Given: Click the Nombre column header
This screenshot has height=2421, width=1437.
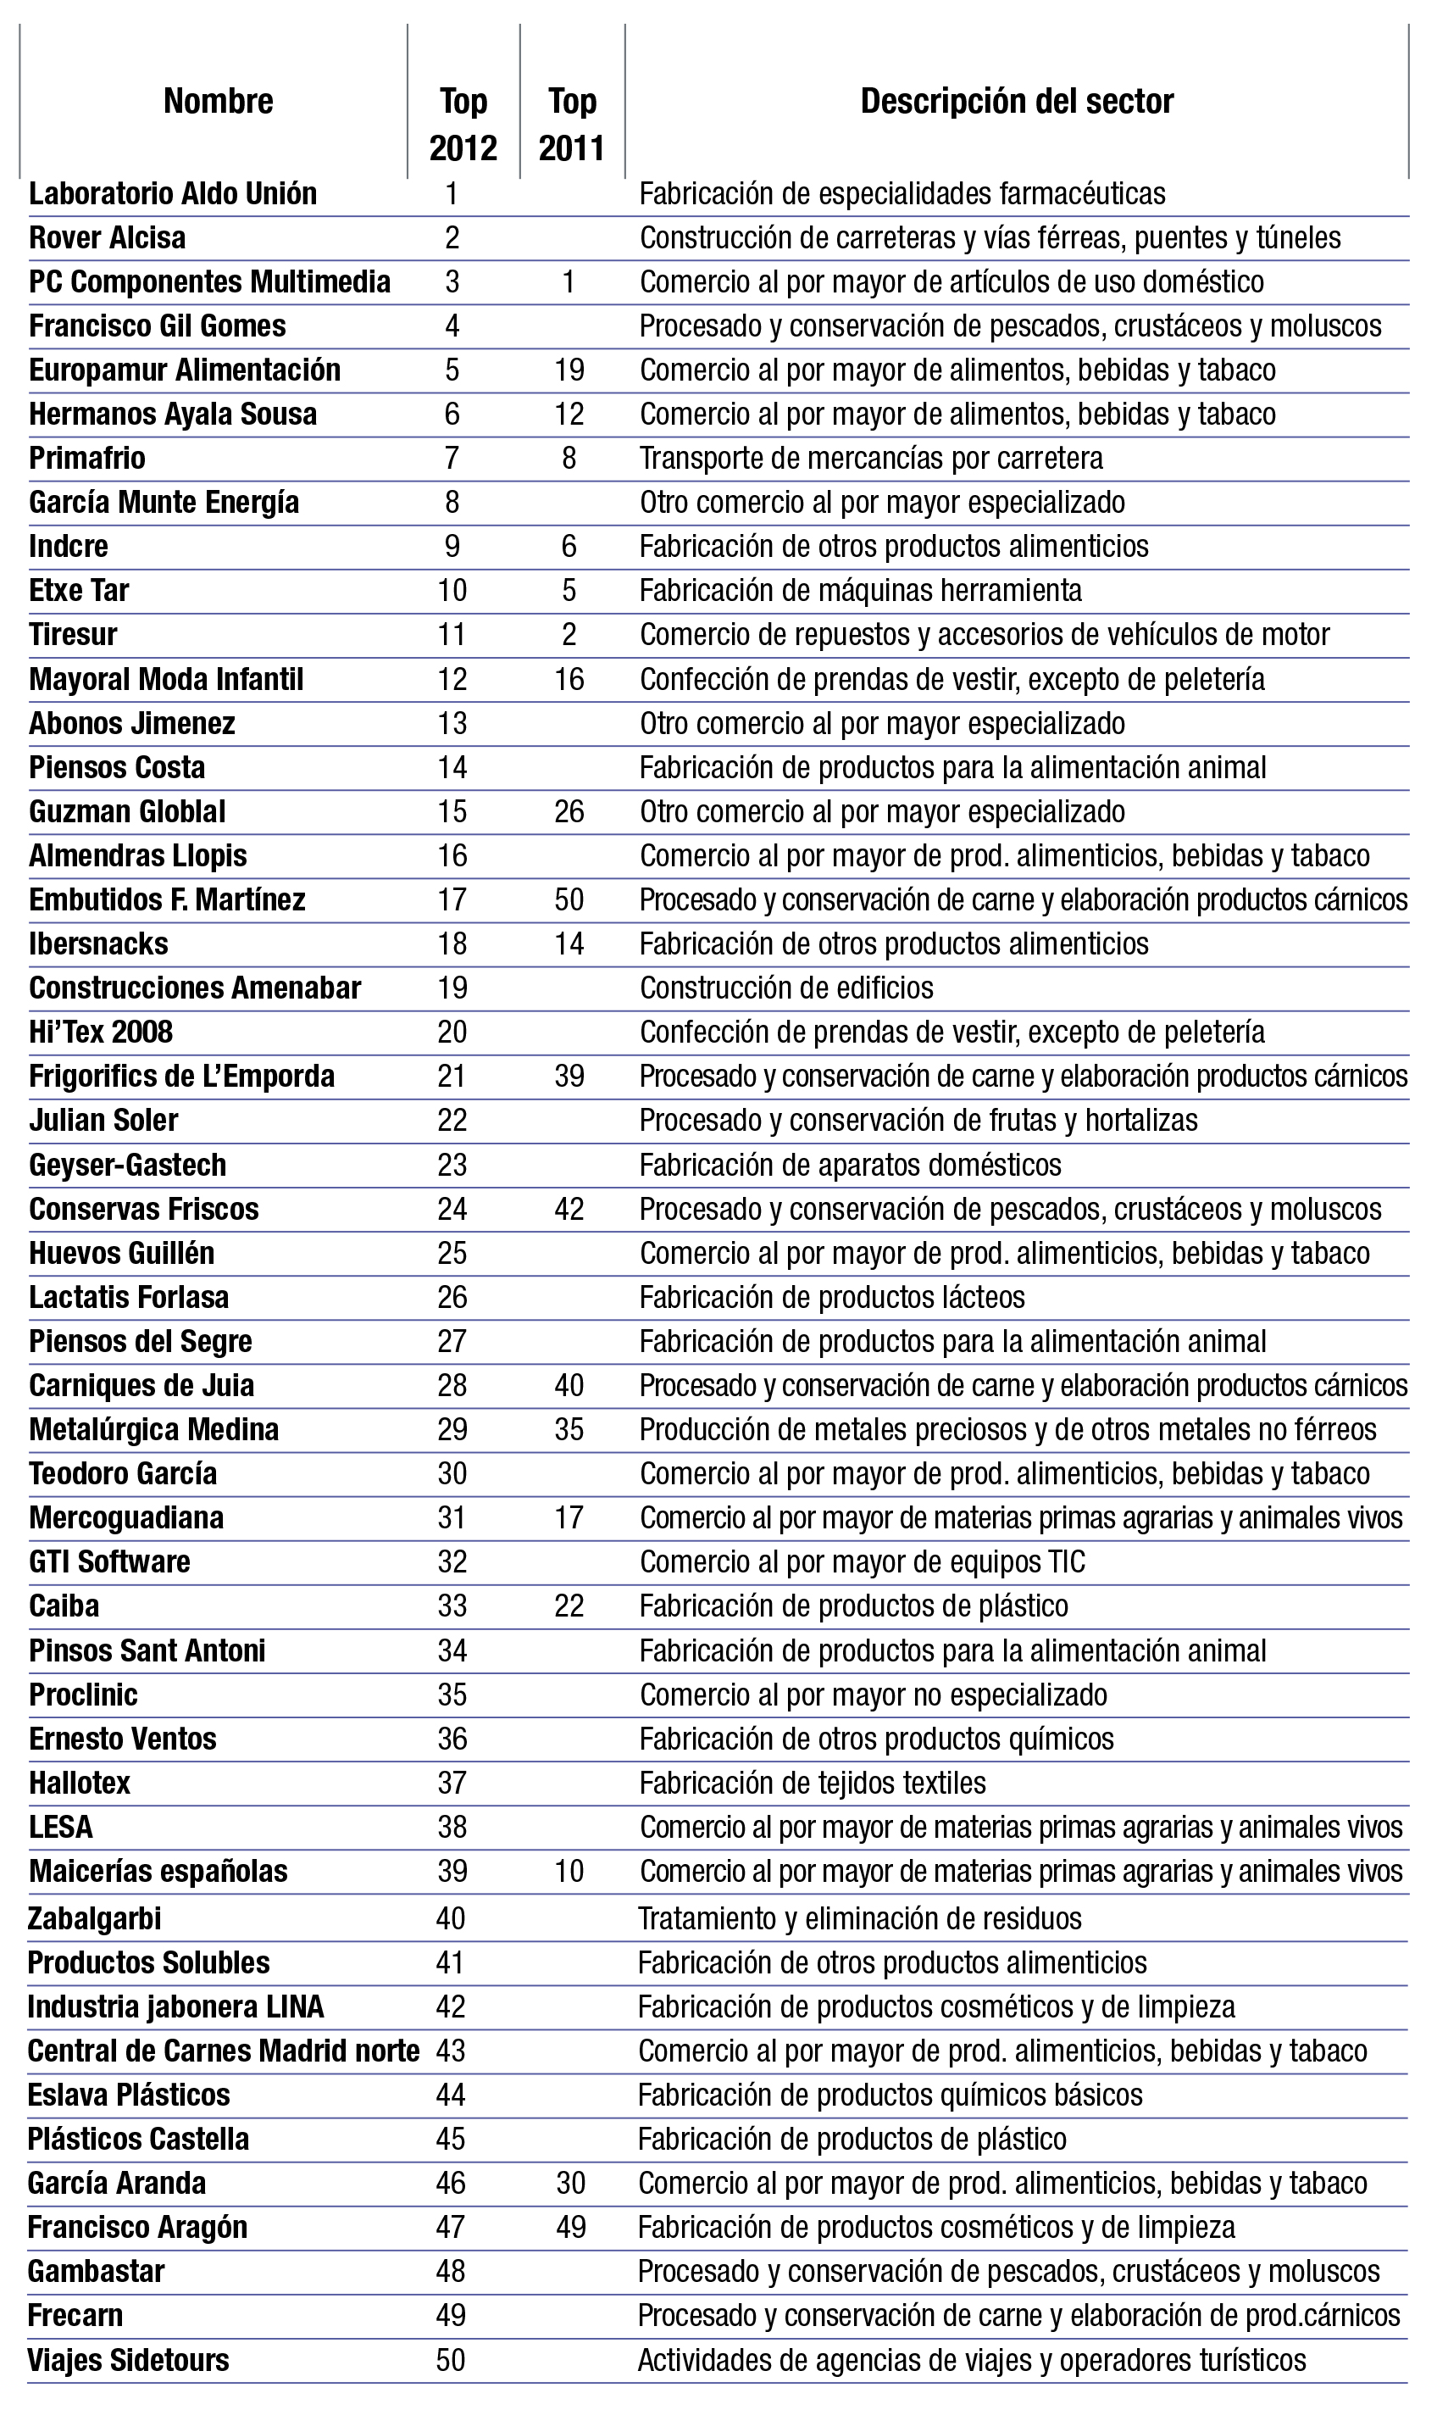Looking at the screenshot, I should (x=218, y=101).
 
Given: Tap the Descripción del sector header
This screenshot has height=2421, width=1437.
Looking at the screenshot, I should (x=1017, y=101).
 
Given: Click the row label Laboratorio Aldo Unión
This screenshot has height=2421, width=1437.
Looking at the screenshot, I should (x=172, y=194).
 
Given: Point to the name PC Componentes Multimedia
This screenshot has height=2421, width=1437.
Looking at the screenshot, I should (x=209, y=282).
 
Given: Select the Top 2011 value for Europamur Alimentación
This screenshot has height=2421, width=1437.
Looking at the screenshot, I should (x=569, y=370).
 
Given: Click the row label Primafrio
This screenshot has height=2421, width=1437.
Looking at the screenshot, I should (x=87, y=459).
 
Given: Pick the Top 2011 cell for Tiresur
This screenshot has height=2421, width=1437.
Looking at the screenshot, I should (x=569, y=635).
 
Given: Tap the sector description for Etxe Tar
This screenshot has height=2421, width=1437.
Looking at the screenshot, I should (x=861, y=590).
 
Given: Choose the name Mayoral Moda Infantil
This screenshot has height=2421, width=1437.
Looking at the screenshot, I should (x=165, y=679).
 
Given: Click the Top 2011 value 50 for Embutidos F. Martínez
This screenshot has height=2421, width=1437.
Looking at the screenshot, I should (x=569, y=900).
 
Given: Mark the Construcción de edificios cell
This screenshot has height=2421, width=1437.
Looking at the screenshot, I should (x=786, y=988).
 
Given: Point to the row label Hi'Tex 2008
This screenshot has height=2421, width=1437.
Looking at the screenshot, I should (x=101, y=1032).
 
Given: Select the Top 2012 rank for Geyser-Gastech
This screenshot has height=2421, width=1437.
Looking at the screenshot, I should (x=452, y=1165).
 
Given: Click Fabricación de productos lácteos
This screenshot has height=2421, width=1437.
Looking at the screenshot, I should (x=832, y=1297).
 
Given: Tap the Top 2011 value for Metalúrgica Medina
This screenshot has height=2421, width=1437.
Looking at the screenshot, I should (x=569, y=1430).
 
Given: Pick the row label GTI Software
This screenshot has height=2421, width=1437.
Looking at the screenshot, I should (x=109, y=1561).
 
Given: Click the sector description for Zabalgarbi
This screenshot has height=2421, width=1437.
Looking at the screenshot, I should (x=859, y=1918).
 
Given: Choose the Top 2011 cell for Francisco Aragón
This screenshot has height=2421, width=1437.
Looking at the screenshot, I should (x=571, y=2227).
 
